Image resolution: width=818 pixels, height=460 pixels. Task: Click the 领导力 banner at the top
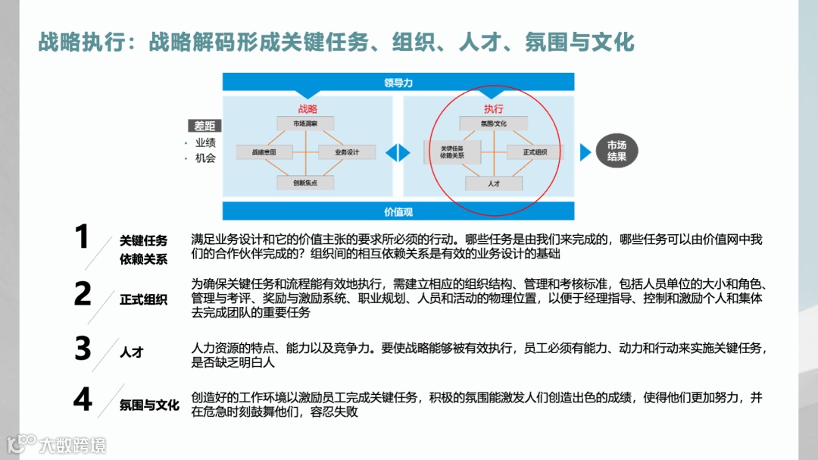coord(398,83)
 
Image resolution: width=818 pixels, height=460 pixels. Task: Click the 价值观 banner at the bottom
coord(398,211)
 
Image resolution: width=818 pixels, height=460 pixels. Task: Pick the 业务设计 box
coord(347,152)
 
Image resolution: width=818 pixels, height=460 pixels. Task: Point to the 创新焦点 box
coord(306,183)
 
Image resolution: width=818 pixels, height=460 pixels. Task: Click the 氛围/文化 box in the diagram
coord(493,123)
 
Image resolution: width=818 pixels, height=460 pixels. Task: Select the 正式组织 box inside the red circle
coord(534,152)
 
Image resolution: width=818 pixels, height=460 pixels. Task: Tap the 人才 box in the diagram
coord(493,183)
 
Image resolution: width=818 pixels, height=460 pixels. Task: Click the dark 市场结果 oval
coord(617,152)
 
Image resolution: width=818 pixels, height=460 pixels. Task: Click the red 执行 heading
coord(494,108)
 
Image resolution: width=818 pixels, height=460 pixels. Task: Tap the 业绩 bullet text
coord(205,142)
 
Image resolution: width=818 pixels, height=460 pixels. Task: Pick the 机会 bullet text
coord(205,158)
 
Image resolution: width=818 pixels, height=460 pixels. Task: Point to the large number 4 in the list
coord(83,399)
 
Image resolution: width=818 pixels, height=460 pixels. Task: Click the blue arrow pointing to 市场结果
coord(585,152)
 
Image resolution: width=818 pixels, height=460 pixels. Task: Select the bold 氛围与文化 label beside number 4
coord(149,405)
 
